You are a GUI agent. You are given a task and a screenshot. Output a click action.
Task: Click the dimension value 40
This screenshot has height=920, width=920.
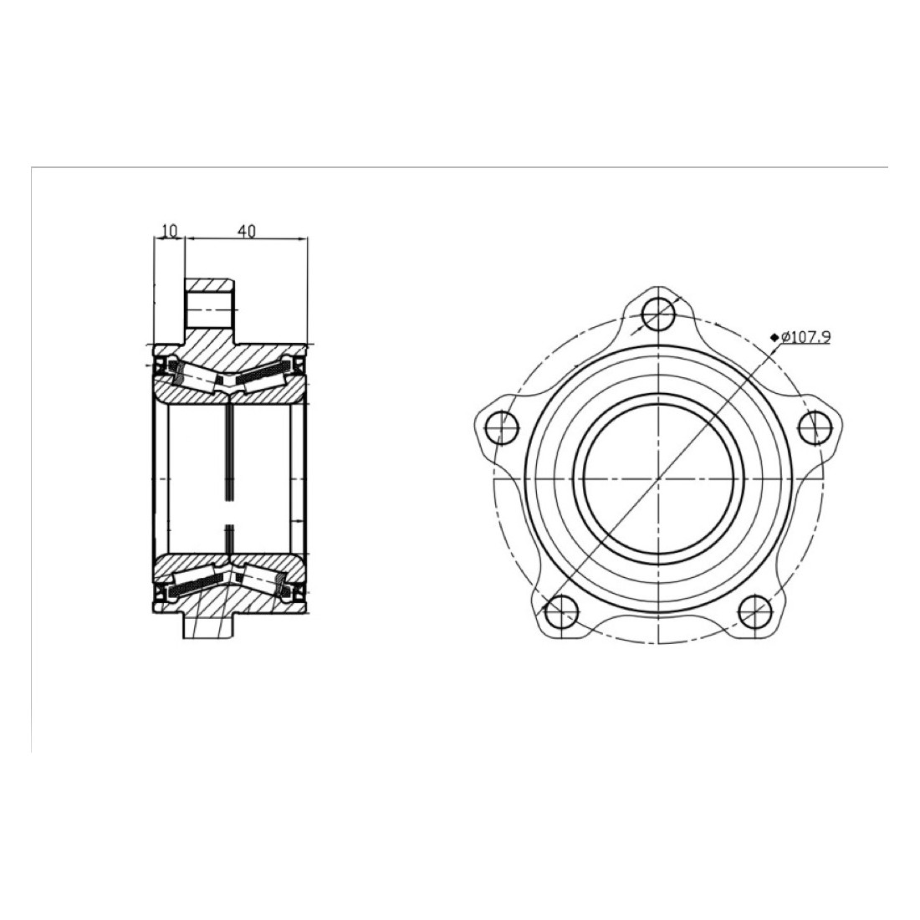(247, 231)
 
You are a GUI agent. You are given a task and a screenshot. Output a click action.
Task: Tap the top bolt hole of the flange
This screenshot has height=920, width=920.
(659, 315)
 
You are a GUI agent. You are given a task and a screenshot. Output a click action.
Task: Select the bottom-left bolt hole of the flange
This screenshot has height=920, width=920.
(562, 611)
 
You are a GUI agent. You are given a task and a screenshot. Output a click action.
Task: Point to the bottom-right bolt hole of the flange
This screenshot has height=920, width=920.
(756, 611)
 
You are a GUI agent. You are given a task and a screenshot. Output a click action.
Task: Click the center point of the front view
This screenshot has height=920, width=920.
(659, 479)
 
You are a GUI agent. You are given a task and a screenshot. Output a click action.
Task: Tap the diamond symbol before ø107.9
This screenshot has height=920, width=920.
(775, 337)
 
